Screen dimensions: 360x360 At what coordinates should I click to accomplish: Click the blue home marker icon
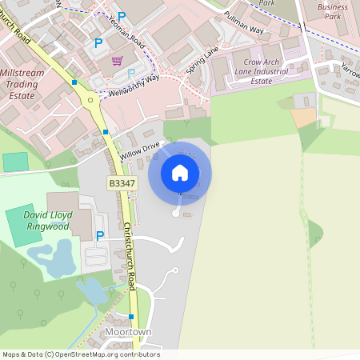[x=180, y=172]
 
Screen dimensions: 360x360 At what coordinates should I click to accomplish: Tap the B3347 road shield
[x=122, y=184]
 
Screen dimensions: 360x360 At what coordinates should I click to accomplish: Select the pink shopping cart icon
[x=118, y=61]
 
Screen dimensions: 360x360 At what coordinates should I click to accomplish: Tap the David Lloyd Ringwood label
[x=48, y=221]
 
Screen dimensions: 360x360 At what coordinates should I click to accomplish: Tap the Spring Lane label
[x=202, y=62]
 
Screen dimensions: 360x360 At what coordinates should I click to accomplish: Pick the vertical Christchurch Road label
[x=130, y=257]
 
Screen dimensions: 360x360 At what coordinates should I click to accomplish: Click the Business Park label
[x=333, y=11]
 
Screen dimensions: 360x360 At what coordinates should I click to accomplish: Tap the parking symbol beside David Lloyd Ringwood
[x=100, y=235]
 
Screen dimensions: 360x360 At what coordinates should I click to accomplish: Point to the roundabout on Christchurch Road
[x=91, y=100]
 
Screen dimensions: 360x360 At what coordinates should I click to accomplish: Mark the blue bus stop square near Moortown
[x=131, y=317]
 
